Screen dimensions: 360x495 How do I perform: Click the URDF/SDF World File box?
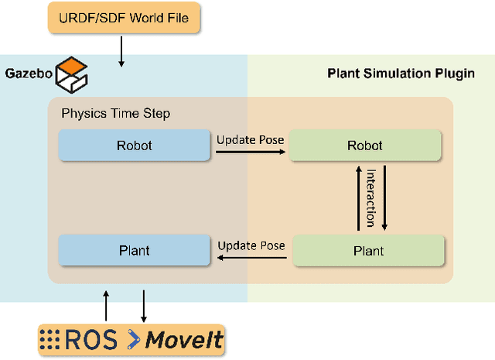tap(124, 17)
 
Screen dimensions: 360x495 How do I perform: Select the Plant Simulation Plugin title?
tap(401, 74)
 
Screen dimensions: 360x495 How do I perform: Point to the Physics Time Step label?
tap(115, 114)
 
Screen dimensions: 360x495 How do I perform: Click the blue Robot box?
tap(135, 145)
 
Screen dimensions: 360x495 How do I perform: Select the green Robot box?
tap(365, 146)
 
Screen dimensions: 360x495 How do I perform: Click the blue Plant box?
tap(135, 251)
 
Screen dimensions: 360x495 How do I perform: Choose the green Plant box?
tap(368, 251)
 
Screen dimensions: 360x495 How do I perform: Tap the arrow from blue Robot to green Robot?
tap(250, 153)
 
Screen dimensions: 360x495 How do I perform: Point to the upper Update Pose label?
tap(251, 140)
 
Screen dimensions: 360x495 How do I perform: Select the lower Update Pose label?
tap(251, 245)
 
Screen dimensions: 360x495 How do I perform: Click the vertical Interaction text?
tap(370, 197)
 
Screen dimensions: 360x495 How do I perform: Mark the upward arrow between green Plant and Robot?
tap(357, 197)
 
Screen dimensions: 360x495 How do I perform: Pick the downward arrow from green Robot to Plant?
tap(384, 197)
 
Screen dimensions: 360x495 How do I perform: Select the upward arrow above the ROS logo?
tap(107, 305)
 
